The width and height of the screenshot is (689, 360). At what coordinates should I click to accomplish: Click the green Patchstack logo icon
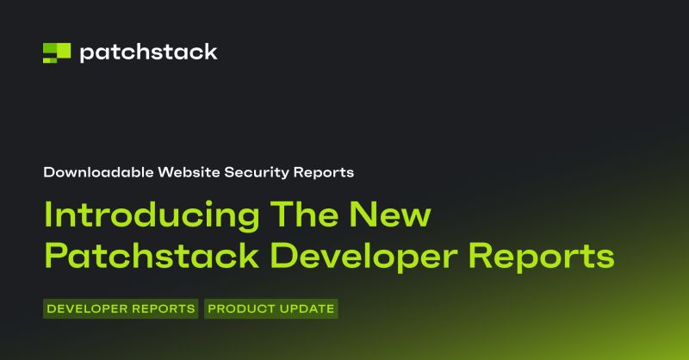[x=57, y=53]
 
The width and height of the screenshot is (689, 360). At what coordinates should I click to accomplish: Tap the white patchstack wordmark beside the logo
[x=148, y=53]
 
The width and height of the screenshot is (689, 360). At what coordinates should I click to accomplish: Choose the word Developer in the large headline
[x=353, y=256]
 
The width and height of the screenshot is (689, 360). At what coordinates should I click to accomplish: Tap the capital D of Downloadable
[x=48, y=172]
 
